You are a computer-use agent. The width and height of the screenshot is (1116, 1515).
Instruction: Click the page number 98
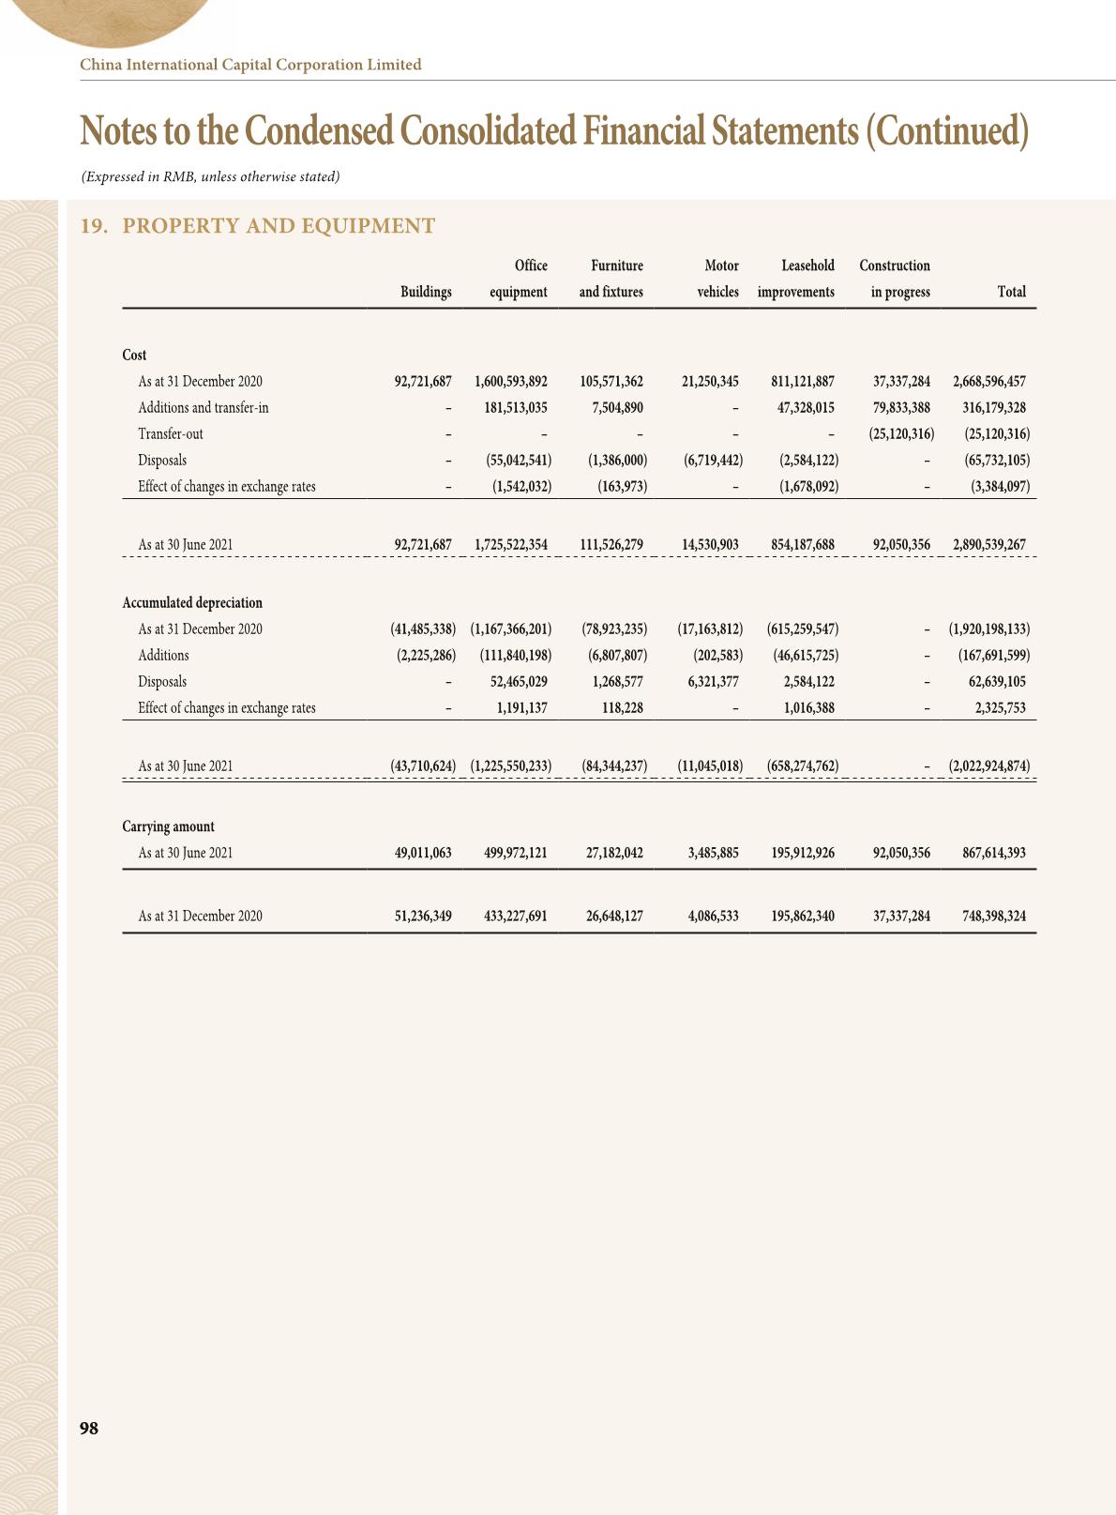point(89,1428)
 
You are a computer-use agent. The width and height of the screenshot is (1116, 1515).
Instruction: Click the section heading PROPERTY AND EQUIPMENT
point(279,226)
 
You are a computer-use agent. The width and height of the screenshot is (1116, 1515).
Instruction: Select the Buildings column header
point(426,292)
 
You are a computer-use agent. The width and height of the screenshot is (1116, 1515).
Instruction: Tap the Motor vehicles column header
point(718,279)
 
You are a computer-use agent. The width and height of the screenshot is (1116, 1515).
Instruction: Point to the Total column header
point(1011,292)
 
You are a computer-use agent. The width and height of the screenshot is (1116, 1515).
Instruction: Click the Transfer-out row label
point(171,434)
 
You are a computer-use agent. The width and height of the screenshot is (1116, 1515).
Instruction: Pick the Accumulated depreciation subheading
point(192,603)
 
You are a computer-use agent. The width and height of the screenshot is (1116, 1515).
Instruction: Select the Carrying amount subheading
point(168,826)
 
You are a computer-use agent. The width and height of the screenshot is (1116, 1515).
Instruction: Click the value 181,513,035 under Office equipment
point(509,408)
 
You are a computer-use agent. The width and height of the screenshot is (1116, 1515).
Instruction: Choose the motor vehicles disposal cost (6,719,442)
point(714,461)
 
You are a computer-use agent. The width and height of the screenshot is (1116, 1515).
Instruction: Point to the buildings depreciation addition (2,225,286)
point(423,656)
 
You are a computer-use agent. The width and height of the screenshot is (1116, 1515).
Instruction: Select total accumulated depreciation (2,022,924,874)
point(988,766)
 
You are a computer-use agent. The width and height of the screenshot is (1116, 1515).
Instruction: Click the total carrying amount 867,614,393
point(994,854)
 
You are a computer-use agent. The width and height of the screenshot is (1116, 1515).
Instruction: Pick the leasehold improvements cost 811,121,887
point(799,382)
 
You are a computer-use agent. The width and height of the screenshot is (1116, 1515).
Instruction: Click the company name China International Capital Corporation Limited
point(250,65)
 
